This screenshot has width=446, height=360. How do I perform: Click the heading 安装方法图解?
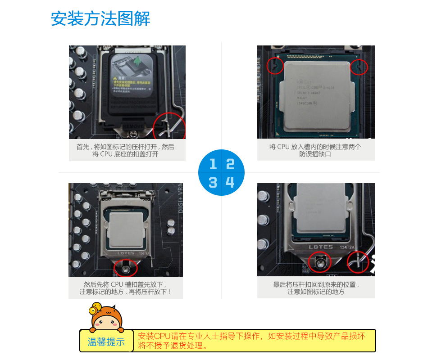[x=100, y=19]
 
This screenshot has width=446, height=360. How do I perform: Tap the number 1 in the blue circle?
[x=213, y=164]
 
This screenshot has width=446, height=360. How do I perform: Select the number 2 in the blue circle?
[x=230, y=164]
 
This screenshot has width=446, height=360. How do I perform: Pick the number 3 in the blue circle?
[x=213, y=182]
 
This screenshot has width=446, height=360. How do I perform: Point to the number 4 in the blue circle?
[x=230, y=182]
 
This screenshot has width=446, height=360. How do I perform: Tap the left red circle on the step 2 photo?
[x=275, y=67]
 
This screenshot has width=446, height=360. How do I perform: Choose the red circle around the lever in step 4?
[x=358, y=262]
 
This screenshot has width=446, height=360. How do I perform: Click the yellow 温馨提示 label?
[x=106, y=342]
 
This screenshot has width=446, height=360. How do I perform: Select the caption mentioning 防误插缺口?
[x=315, y=150]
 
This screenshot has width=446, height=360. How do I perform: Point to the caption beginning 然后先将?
[x=125, y=288]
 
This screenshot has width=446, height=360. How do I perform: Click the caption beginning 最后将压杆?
[x=316, y=288]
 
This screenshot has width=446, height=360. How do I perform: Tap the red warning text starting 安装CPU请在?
[x=251, y=341]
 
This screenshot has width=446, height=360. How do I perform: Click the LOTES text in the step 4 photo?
[x=320, y=247]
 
